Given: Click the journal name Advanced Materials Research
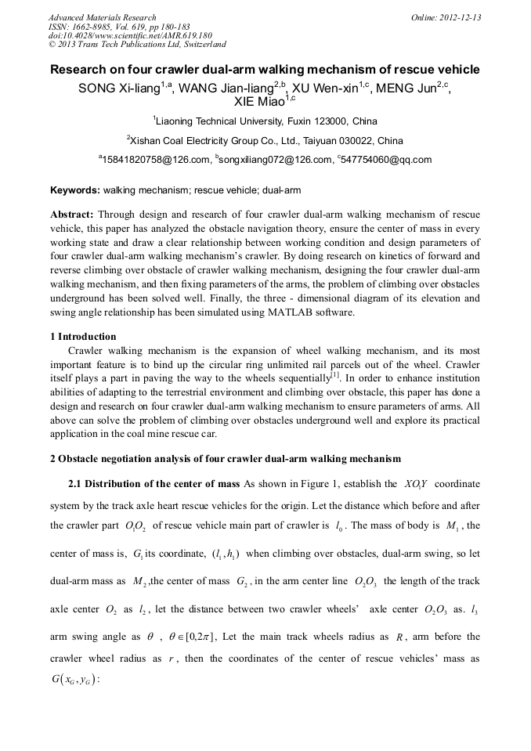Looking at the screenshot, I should tap(102, 17).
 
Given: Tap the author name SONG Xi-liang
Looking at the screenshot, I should tap(119, 88).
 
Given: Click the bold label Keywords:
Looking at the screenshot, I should tap(74, 190).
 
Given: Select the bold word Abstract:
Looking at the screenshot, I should tap(72, 215).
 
